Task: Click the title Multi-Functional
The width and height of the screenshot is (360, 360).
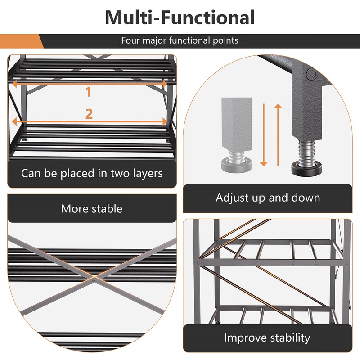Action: tap(180, 17)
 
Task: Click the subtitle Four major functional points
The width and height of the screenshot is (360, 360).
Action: tap(180, 40)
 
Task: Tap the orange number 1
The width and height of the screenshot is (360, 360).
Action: tap(89, 92)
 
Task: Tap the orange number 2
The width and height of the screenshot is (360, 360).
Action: tap(89, 114)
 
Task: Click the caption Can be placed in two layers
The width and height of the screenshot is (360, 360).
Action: tap(92, 173)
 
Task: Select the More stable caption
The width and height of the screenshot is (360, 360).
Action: tap(92, 208)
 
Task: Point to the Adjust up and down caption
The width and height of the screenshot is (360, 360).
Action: tap(268, 198)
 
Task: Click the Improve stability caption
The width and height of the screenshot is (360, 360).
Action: tap(267, 337)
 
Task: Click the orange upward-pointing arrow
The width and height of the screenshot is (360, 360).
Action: tap(278, 135)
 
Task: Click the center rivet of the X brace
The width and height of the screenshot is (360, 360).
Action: tap(94, 279)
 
